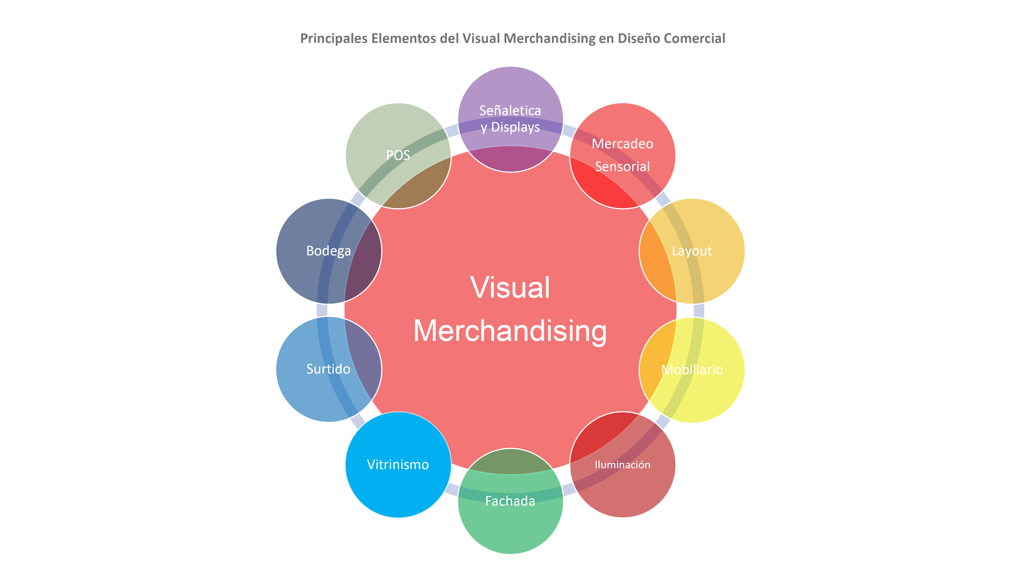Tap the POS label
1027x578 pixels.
pyautogui.click(x=398, y=155)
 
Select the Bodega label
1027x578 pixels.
pyautogui.click(x=329, y=251)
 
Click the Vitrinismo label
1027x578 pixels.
pyautogui.click(x=398, y=465)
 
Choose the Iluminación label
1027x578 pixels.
pyautogui.click(x=622, y=465)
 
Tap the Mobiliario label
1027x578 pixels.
pyautogui.click(x=692, y=370)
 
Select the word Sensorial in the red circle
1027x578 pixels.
pyautogui.click(x=622, y=166)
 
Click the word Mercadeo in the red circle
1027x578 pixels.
pyautogui.click(x=622, y=144)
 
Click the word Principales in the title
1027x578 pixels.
pyautogui.click(x=334, y=39)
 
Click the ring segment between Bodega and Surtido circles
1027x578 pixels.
pyautogui.click(x=322, y=310)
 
